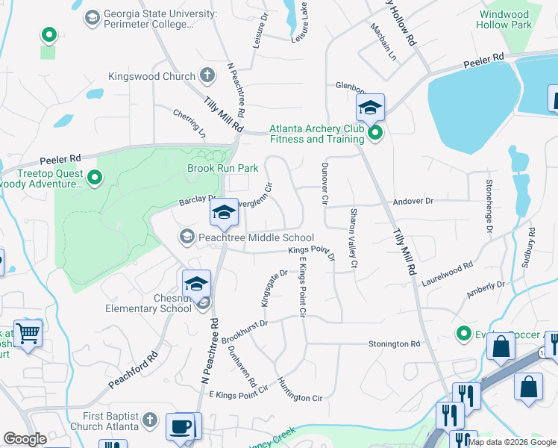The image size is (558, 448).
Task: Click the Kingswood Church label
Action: pyautogui.click(x=151, y=76)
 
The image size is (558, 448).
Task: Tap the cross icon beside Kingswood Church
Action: pyautogui.click(x=207, y=75)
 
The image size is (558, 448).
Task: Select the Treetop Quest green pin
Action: pyautogui.click(x=95, y=178)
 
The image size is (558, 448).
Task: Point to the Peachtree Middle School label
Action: pyautogui.click(x=250, y=237)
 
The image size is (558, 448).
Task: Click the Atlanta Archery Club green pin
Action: pyautogui.click(x=375, y=133)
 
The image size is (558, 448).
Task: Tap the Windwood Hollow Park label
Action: pyautogui.click(x=515, y=19)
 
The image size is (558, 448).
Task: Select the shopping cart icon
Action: pyautogui.click(x=28, y=332)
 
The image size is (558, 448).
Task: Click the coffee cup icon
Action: pyautogui.click(x=180, y=427)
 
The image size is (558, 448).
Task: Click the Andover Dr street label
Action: pyautogui.click(x=413, y=202)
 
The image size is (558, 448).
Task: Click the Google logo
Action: pyautogui.click(x=25, y=439)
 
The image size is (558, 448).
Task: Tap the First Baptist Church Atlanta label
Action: pyautogui.click(x=101, y=421)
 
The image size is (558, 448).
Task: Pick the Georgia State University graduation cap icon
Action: pyautogui.click(x=92, y=17)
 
